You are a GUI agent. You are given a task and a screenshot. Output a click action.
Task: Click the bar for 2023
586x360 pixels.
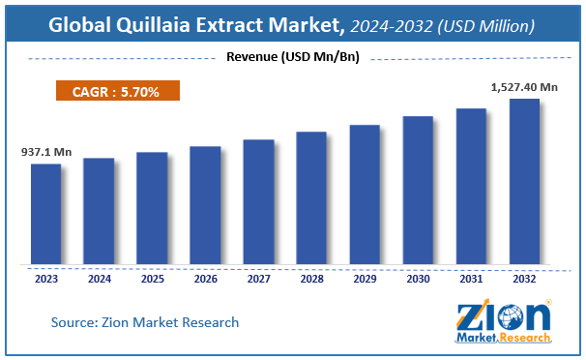(x=45, y=214)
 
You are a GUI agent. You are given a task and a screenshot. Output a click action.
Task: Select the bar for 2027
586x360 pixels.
(x=258, y=201)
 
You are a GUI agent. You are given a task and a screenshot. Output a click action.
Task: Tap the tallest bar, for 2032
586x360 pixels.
(x=524, y=181)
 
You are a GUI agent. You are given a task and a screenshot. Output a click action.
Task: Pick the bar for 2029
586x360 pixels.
(x=365, y=195)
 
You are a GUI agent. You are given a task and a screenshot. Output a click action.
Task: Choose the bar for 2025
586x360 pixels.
(x=152, y=208)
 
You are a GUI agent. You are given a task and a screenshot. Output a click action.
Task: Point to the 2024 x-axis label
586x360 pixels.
(x=99, y=280)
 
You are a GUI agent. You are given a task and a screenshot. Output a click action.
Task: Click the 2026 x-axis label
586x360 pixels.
(x=205, y=280)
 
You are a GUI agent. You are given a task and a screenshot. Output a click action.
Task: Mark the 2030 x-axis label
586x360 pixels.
(x=418, y=280)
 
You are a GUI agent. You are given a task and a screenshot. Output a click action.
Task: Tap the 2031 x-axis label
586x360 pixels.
(x=471, y=280)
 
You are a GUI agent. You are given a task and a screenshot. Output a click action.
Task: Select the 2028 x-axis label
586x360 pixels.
(x=311, y=280)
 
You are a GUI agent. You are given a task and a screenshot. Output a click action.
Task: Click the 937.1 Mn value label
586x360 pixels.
(x=45, y=153)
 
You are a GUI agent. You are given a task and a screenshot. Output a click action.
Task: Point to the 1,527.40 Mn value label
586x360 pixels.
(x=523, y=87)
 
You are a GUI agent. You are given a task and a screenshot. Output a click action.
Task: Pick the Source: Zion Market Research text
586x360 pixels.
(x=145, y=321)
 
